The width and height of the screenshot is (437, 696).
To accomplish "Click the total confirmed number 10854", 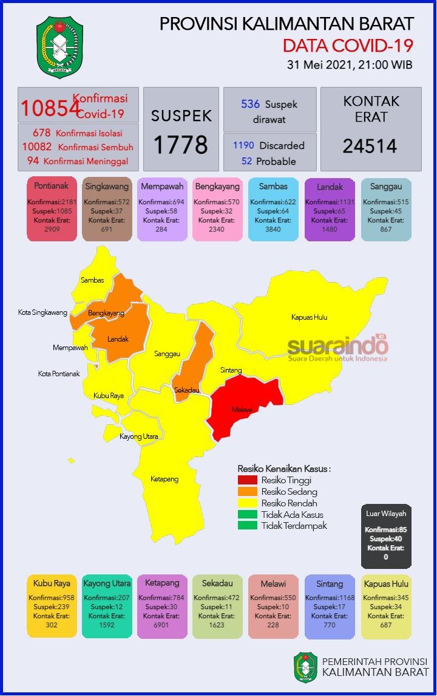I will tap(50, 108).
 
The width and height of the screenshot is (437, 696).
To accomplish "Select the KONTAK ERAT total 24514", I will tap(370, 146).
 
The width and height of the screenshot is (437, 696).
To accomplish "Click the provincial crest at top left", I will tap(60, 47).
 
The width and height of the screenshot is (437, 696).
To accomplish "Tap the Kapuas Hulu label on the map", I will tap(313, 317).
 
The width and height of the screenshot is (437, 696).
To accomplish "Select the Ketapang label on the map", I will tap(164, 479).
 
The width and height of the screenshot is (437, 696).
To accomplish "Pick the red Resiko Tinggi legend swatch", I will tap(247, 480).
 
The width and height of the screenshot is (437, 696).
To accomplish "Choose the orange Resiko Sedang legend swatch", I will tap(247, 491).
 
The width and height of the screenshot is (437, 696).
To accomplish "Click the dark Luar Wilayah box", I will tap(385, 536).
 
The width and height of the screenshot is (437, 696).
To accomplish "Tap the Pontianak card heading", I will tap(52, 187).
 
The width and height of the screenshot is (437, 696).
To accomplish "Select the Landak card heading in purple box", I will tap(330, 187).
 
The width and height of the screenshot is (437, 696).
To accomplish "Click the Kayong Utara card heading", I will tap(107, 584).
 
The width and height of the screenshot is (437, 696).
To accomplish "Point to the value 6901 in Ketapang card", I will tap(161, 624).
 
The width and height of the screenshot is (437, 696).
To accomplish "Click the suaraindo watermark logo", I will tap(337, 347).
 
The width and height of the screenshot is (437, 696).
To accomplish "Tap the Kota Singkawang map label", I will tap(42, 312).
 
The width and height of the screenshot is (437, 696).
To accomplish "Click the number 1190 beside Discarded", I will tap(243, 146).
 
